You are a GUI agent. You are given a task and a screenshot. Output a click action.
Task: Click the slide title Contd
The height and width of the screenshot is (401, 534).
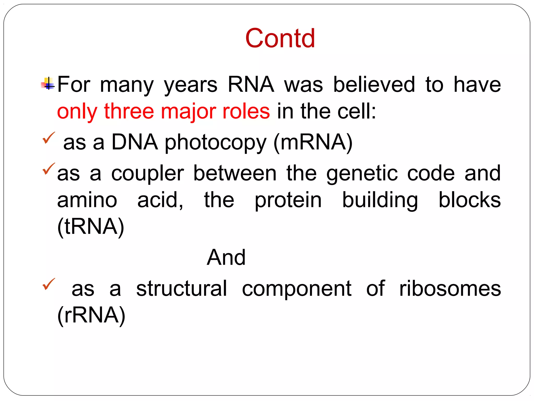click(x=280, y=38)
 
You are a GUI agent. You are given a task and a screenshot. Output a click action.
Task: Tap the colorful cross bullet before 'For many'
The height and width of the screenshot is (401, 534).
click(x=48, y=84)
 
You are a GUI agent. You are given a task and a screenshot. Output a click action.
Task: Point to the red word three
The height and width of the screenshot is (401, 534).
click(x=129, y=111)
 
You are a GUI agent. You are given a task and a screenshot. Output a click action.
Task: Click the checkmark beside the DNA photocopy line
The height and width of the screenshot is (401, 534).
click(x=48, y=138)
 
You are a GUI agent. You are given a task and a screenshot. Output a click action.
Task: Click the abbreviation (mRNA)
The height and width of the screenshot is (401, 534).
click(x=313, y=142)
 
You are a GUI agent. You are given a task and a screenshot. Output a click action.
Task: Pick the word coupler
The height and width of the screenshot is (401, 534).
click(x=148, y=174)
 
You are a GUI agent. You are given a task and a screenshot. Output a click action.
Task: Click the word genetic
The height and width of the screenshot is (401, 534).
click(x=362, y=174)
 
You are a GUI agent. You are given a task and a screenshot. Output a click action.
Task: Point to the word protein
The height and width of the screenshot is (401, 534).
click(x=288, y=200)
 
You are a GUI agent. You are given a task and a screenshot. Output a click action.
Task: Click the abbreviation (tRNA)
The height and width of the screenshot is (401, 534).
click(x=91, y=226)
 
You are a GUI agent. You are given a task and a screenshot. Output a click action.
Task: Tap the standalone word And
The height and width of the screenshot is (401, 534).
click(x=226, y=257)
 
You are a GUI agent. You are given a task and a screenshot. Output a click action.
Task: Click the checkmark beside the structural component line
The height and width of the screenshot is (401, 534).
click(x=48, y=284)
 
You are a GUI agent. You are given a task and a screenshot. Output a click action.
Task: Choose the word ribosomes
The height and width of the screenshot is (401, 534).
click(x=450, y=288)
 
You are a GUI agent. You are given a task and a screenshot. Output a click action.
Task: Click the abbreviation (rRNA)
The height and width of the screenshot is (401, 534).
click(x=91, y=315)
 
